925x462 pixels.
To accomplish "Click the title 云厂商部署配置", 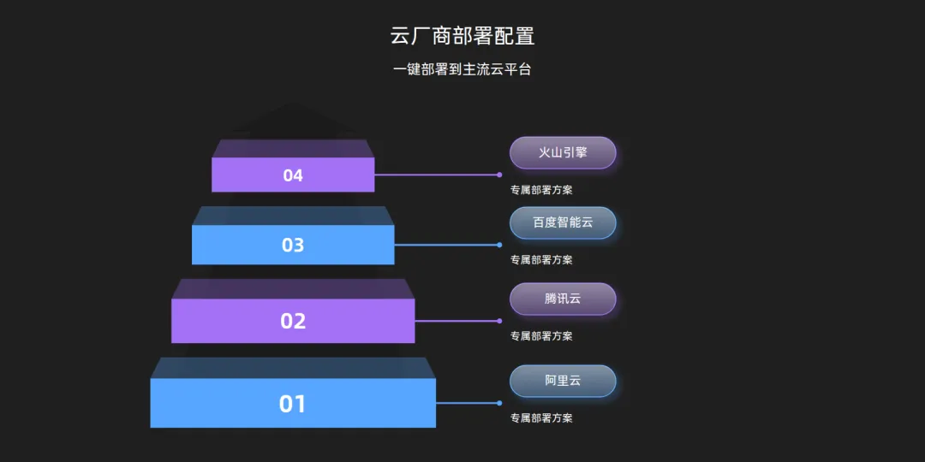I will click(462, 36).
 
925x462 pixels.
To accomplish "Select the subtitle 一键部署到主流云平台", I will click(462, 69).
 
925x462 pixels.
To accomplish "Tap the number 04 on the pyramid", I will click(293, 175).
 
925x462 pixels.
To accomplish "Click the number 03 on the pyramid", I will click(293, 246).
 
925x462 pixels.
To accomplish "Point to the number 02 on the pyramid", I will click(293, 321).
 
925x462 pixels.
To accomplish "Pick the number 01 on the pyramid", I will click(293, 403).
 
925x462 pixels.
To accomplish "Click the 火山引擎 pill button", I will click(563, 153).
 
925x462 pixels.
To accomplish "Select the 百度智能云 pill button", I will click(563, 222).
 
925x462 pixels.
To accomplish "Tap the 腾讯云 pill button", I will click(563, 299).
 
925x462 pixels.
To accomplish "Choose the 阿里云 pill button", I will click(563, 381).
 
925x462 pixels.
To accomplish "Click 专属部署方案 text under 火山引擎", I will click(541, 190).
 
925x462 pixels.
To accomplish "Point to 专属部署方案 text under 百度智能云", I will click(541, 259).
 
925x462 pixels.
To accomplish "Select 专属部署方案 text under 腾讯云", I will click(541, 335).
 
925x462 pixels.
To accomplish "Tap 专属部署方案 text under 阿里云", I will click(541, 418).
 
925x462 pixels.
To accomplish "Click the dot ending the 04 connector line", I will click(499, 175).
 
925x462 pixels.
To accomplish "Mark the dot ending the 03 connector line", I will click(499, 245).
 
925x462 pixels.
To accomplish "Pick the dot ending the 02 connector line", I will click(499, 321).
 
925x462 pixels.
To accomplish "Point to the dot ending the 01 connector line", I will click(499, 403).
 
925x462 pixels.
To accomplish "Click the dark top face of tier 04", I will click(293, 148).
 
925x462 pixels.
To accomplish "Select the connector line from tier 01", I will click(467, 403).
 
